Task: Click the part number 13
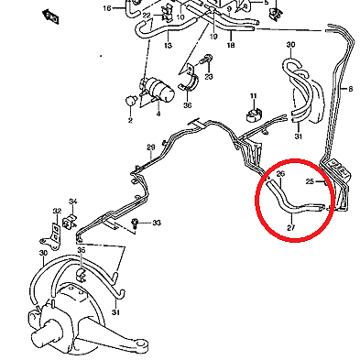pyautogui.click(x=168, y=46)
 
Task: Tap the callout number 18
pyautogui.click(x=231, y=45)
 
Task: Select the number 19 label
pyautogui.click(x=213, y=37)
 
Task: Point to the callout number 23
pyautogui.click(x=209, y=76)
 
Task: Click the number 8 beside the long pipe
pyautogui.click(x=351, y=89)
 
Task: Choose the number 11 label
pyautogui.click(x=254, y=96)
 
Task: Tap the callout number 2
pyautogui.click(x=130, y=120)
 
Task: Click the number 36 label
pyautogui.click(x=188, y=105)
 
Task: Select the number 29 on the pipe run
pyautogui.click(x=151, y=147)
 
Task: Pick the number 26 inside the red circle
pyautogui.click(x=280, y=174)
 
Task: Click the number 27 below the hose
pyautogui.click(x=291, y=227)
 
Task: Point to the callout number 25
pyautogui.click(x=310, y=181)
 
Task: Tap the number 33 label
pyautogui.click(x=157, y=223)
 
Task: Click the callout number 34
pyautogui.click(x=72, y=202)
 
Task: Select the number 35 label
pyautogui.click(x=81, y=250)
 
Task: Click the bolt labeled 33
pyautogui.click(x=134, y=223)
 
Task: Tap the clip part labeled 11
pyautogui.click(x=253, y=114)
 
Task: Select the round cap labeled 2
pyautogui.click(x=131, y=101)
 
